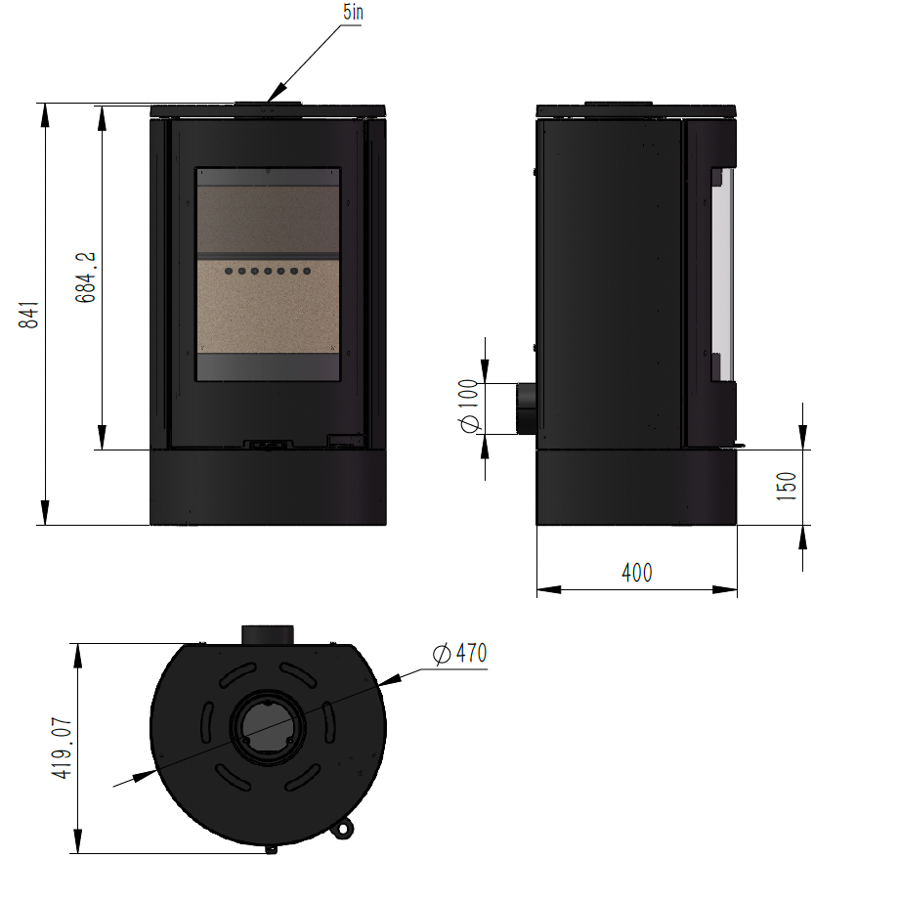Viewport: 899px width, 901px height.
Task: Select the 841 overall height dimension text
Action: pos(31,314)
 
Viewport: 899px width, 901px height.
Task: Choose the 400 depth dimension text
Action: pos(636,573)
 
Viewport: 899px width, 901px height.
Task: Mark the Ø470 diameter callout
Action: pos(458,654)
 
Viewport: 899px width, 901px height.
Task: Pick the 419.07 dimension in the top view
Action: pos(64,748)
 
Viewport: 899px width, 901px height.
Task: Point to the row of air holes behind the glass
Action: pos(267,271)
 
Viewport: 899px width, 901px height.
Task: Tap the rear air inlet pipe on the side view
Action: pos(524,408)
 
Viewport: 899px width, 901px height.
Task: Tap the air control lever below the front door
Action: pos(267,446)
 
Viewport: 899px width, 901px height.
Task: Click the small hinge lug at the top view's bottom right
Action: pos(342,829)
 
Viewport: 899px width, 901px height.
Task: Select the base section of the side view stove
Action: pos(636,487)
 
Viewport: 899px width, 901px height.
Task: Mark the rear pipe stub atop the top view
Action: pos(267,633)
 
